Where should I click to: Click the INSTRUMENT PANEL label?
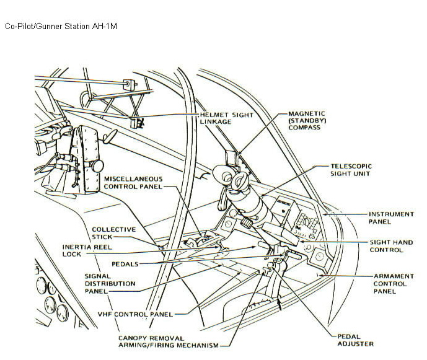point(391,217)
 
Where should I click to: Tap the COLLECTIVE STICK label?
point(114,232)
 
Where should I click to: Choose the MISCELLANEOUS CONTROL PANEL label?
point(133,182)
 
